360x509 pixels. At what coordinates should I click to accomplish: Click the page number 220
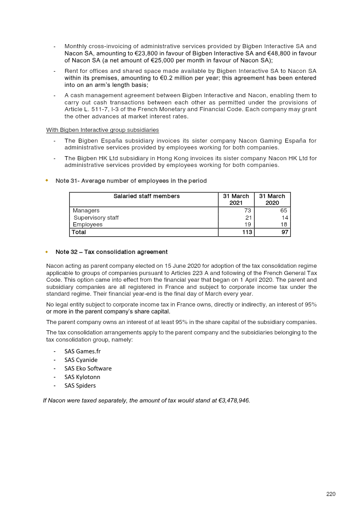[331, 494]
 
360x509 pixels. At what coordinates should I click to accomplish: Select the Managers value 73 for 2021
[247, 211]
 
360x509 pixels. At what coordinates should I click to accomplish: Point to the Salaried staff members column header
[146, 196]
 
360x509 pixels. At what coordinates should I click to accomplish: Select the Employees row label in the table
[88, 225]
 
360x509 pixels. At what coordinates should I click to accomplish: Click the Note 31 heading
[131, 181]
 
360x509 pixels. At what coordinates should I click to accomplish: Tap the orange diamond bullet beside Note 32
[46, 252]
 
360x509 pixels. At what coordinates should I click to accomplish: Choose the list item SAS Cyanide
[81, 360]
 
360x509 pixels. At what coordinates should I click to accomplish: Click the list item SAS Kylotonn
[82, 377]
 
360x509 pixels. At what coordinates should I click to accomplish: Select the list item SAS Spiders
[80, 385]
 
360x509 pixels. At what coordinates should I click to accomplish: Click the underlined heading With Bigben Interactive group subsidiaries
[103, 130]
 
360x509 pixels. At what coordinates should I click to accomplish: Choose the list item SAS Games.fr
[83, 351]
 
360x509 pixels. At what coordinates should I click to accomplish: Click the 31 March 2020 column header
[272, 199]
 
